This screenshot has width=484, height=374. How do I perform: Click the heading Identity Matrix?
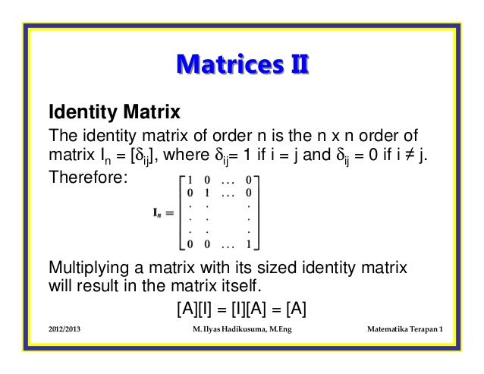click(114, 115)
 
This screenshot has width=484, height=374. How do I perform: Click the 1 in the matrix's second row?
click(205, 193)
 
